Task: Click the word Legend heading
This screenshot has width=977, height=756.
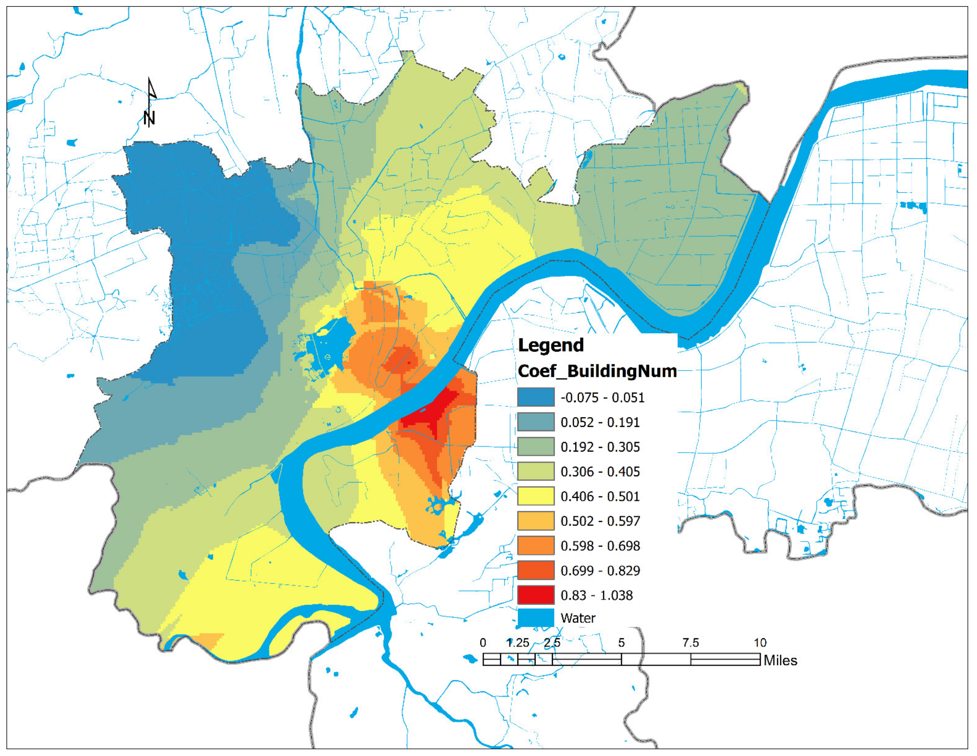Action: click(551, 345)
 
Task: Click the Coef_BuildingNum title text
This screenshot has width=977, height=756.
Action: click(597, 371)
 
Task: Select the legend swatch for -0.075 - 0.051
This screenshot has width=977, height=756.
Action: click(535, 397)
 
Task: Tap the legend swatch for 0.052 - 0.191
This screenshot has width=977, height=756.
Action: click(535, 422)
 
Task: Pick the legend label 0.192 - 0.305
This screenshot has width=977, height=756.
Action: click(600, 447)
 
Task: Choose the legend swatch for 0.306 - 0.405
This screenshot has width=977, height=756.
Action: click(535, 472)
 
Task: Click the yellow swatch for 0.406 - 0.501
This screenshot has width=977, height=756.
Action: click(535, 496)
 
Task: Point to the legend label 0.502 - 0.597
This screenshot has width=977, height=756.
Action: click(600, 521)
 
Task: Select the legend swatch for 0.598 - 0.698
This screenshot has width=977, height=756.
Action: click(535, 546)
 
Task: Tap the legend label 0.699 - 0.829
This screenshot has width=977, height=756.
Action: click(600, 571)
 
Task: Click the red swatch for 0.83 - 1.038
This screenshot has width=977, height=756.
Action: click(535, 595)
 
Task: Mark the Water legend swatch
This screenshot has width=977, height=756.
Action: click(535, 618)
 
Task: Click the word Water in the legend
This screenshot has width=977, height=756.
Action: click(578, 618)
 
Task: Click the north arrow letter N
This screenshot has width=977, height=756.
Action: click(149, 118)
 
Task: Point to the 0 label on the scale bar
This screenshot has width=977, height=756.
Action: click(483, 643)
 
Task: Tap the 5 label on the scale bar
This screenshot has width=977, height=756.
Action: click(621, 643)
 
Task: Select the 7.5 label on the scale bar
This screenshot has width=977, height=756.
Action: click(690, 643)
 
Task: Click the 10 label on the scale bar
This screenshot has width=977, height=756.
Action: click(760, 643)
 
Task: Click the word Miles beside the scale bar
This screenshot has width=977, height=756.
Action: click(780, 661)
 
